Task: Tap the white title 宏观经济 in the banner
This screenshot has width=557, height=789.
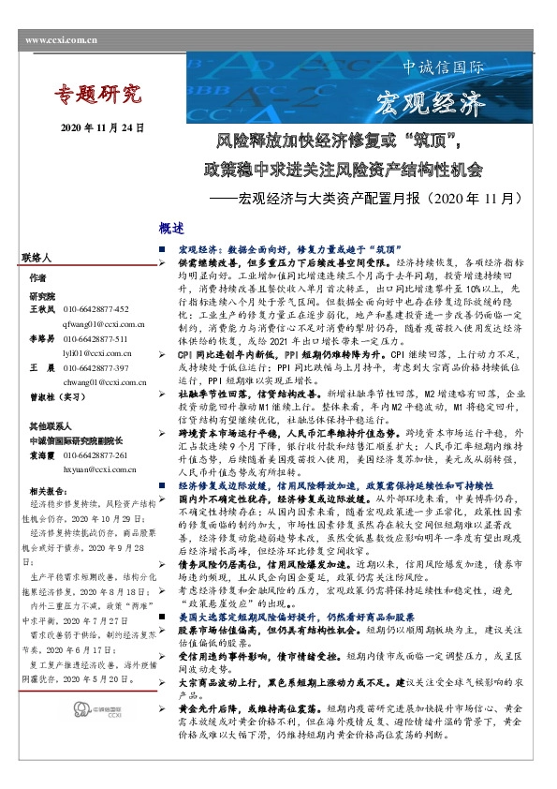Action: [434, 102]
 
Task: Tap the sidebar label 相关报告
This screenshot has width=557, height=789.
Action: [49, 490]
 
